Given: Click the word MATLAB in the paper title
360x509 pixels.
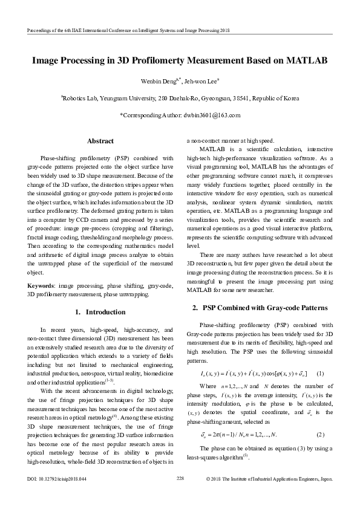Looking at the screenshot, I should click(303, 61).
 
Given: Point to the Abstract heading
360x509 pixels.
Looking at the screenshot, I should click(100, 141).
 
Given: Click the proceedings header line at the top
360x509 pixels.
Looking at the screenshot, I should click(121, 30).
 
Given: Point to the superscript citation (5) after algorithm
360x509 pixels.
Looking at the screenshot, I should click(246, 438).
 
